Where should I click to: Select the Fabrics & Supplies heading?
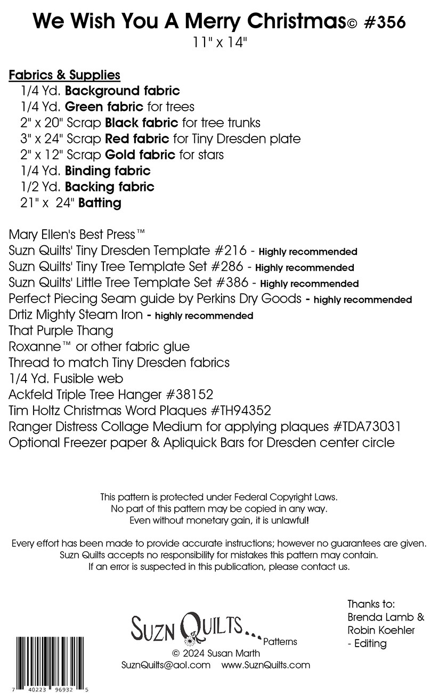pos(64,75)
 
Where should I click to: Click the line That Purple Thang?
pos(61,331)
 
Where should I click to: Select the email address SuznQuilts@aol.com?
pos(166,665)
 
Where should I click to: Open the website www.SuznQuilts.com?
pos(265,665)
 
